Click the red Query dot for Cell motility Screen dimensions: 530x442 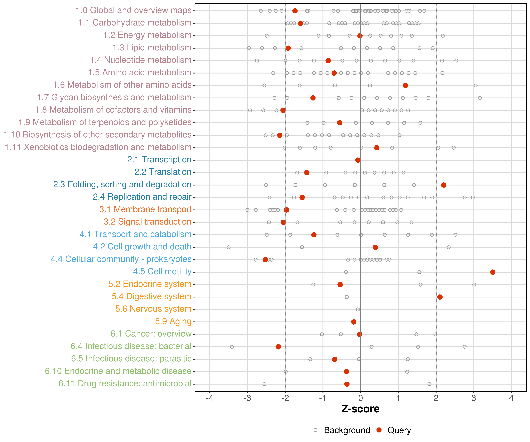492,272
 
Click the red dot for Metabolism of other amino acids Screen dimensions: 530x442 405,85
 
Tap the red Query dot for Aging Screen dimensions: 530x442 354,322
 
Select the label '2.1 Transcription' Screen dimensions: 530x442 159,160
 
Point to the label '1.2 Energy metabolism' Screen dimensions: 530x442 147,35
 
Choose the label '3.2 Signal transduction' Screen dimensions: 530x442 147,222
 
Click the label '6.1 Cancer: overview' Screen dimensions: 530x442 151,334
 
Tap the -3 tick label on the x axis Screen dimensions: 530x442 247,398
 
